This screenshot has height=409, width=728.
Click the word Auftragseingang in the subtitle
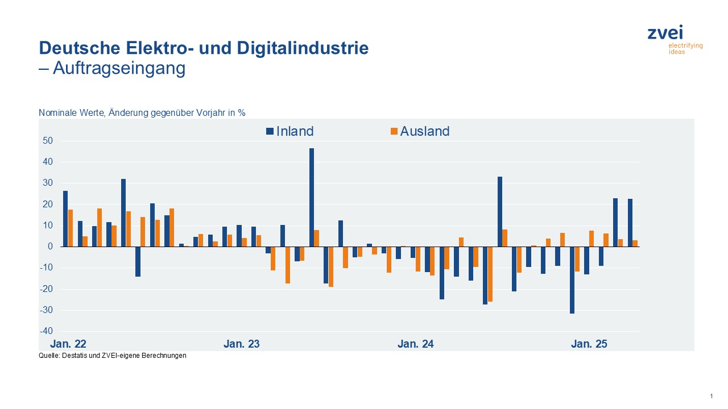pyautogui.click(x=119, y=68)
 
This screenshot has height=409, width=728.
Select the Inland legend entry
pyautogui.click(x=290, y=131)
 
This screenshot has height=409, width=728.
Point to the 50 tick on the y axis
pyautogui.click(x=47, y=141)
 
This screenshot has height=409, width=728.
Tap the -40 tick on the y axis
pyautogui.click(x=46, y=331)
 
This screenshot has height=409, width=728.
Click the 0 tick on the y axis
pyautogui.click(x=50, y=247)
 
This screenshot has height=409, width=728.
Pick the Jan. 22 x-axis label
pyautogui.click(x=68, y=344)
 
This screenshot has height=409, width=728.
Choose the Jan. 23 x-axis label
pyautogui.click(x=242, y=344)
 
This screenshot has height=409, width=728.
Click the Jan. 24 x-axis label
pyautogui.click(x=416, y=344)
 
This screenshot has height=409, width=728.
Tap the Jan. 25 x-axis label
pyautogui.click(x=589, y=344)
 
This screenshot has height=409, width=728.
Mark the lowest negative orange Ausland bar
pyautogui.click(x=490, y=274)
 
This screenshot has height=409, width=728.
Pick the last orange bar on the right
pyautogui.click(x=635, y=243)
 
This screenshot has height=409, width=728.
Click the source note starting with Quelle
pyautogui.click(x=113, y=356)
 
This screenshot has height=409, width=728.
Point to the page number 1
pyautogui.click(x=711, y=395)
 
